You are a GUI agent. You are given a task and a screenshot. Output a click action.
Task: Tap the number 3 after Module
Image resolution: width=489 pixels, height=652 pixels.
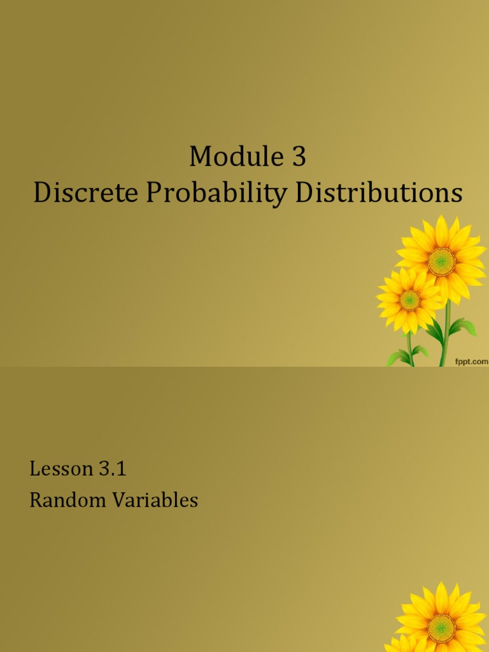point(299,157)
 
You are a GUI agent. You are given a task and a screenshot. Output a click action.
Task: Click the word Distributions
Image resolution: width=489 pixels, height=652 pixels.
point(378,194)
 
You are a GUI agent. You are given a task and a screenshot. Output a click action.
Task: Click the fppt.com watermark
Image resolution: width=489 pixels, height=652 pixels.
point(471,361)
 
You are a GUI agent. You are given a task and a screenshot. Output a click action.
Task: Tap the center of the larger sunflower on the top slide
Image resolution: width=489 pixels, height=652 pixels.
point(441,261)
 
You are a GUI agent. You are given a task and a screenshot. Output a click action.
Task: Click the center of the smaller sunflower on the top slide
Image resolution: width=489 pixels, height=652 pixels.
point(409,300)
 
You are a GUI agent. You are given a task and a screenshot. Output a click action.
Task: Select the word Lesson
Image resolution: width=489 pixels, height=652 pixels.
point(61,469)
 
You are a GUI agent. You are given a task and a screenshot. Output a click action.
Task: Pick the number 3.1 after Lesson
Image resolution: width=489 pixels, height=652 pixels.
point(112,469)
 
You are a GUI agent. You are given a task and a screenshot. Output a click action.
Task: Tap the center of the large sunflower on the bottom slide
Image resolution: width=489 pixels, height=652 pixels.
point(441,628)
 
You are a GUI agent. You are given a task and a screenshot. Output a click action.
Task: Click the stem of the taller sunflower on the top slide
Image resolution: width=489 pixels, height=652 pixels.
point(446,331)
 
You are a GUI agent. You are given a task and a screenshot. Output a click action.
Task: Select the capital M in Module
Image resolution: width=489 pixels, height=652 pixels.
point(200,157)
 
